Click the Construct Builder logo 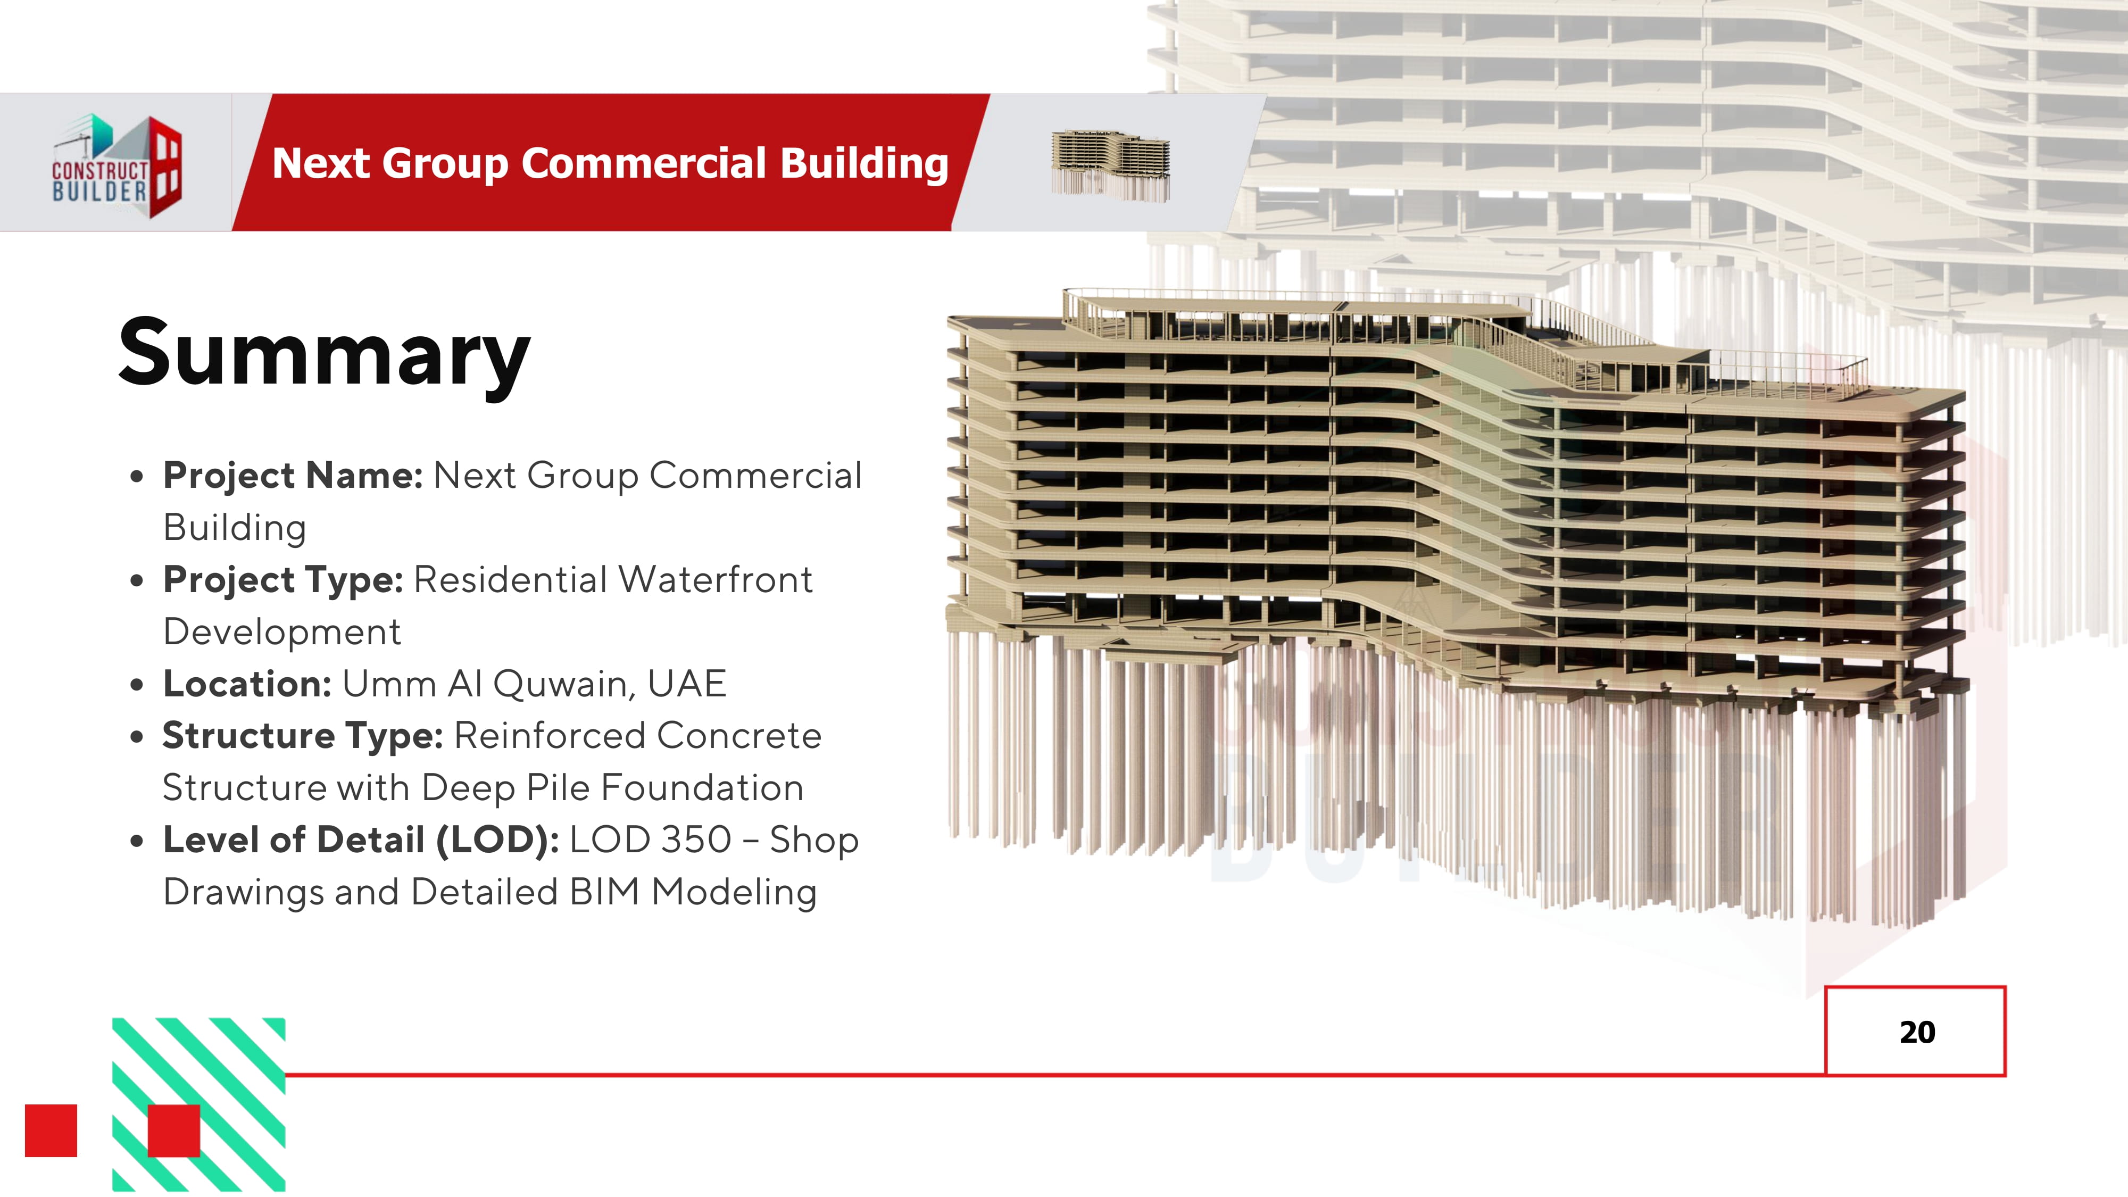(117, 166)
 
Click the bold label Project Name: (293, 476)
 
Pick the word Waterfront (716, 580)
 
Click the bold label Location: (247, 684)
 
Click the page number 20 (1916, 1032)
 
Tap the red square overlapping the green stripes (173, 1130)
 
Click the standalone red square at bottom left (51, 1130)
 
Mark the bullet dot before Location (137, 685)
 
